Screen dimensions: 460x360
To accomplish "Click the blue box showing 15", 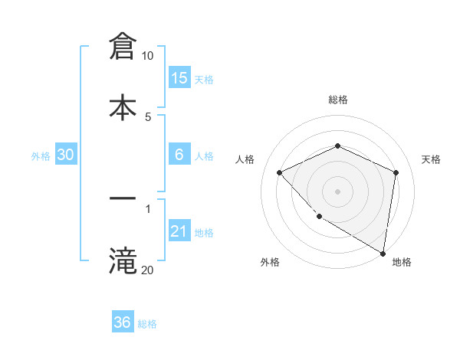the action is click(179, 77).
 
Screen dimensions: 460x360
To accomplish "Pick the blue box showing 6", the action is click(179, 155).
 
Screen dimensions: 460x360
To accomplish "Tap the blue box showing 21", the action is click(179, 231).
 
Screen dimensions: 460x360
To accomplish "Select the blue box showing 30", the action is click(66, 155).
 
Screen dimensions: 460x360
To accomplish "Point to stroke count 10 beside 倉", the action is click(147, 56).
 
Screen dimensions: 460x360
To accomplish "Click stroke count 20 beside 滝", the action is click(147, 270).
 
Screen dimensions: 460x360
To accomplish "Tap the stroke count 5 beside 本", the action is click(148, 116).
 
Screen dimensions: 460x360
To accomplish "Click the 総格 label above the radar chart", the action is click(338, 100).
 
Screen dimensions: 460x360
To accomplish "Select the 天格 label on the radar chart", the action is click(432, 159).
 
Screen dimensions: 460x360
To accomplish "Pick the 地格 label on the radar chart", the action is click(402, 262).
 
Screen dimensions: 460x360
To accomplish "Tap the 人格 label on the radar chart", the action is click(245, 159).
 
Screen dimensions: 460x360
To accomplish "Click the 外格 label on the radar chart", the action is click(270, 262).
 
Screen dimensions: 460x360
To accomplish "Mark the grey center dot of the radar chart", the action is click(338, 191).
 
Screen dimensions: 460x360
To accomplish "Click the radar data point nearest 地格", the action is click(383, 253).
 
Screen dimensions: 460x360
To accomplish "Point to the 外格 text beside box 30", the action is click(41, 155).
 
